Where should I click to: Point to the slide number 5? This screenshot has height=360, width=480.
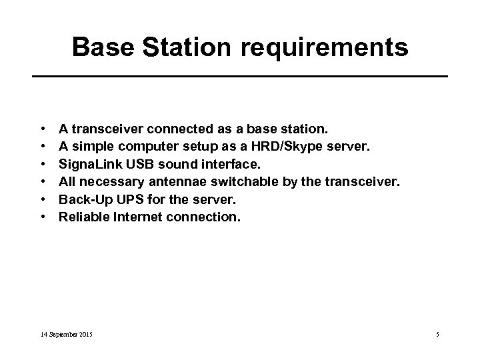coord(438,333)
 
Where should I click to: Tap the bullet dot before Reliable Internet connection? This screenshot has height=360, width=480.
coord(42,216)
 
